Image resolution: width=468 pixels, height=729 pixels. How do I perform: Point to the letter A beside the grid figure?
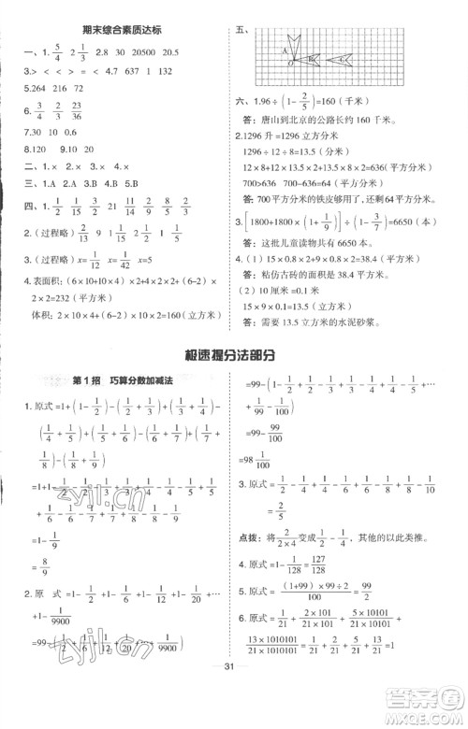point(283,53)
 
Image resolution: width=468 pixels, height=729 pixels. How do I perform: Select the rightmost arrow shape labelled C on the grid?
point(343,60)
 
